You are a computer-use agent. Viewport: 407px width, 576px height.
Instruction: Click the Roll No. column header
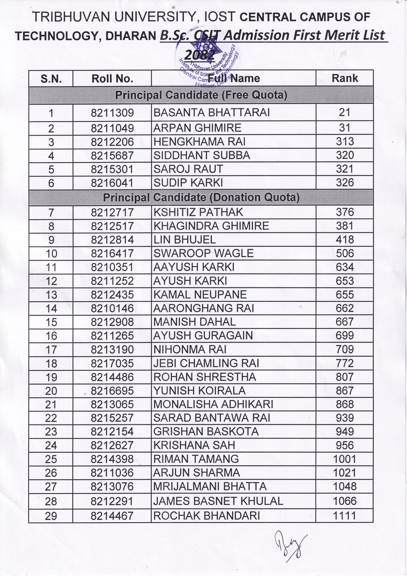click(112, 78)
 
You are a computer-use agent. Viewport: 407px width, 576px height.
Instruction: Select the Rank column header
click(345, 78)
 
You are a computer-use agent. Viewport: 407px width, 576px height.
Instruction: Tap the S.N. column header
click(51, 79)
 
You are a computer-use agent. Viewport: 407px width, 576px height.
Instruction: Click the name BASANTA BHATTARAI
click(211, 113)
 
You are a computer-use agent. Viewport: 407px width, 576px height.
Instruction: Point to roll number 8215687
click(112, 156)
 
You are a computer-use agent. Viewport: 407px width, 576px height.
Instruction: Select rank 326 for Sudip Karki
click(345, 183)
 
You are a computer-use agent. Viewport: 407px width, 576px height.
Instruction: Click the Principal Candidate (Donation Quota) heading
click(201, 197)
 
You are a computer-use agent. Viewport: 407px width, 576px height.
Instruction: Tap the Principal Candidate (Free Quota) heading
click(201, 95)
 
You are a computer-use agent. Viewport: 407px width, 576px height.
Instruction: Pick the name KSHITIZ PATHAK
click(198, 212)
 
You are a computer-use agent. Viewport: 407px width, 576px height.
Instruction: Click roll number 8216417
click(112, 254)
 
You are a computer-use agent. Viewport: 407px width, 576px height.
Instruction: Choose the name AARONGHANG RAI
click(203, 309)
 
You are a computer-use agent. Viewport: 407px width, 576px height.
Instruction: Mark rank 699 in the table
click(345, 336)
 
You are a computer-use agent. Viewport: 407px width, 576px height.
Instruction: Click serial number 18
click(51, 364)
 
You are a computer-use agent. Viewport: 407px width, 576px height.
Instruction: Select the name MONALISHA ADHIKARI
click(213, 404)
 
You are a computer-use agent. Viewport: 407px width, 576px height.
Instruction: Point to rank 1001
click(345, 459)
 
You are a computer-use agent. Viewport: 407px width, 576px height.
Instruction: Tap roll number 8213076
click(112, 487)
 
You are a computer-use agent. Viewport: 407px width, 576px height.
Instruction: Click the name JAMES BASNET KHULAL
click(218, 501)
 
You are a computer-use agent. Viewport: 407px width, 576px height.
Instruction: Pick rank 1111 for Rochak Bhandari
click(345, 516)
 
